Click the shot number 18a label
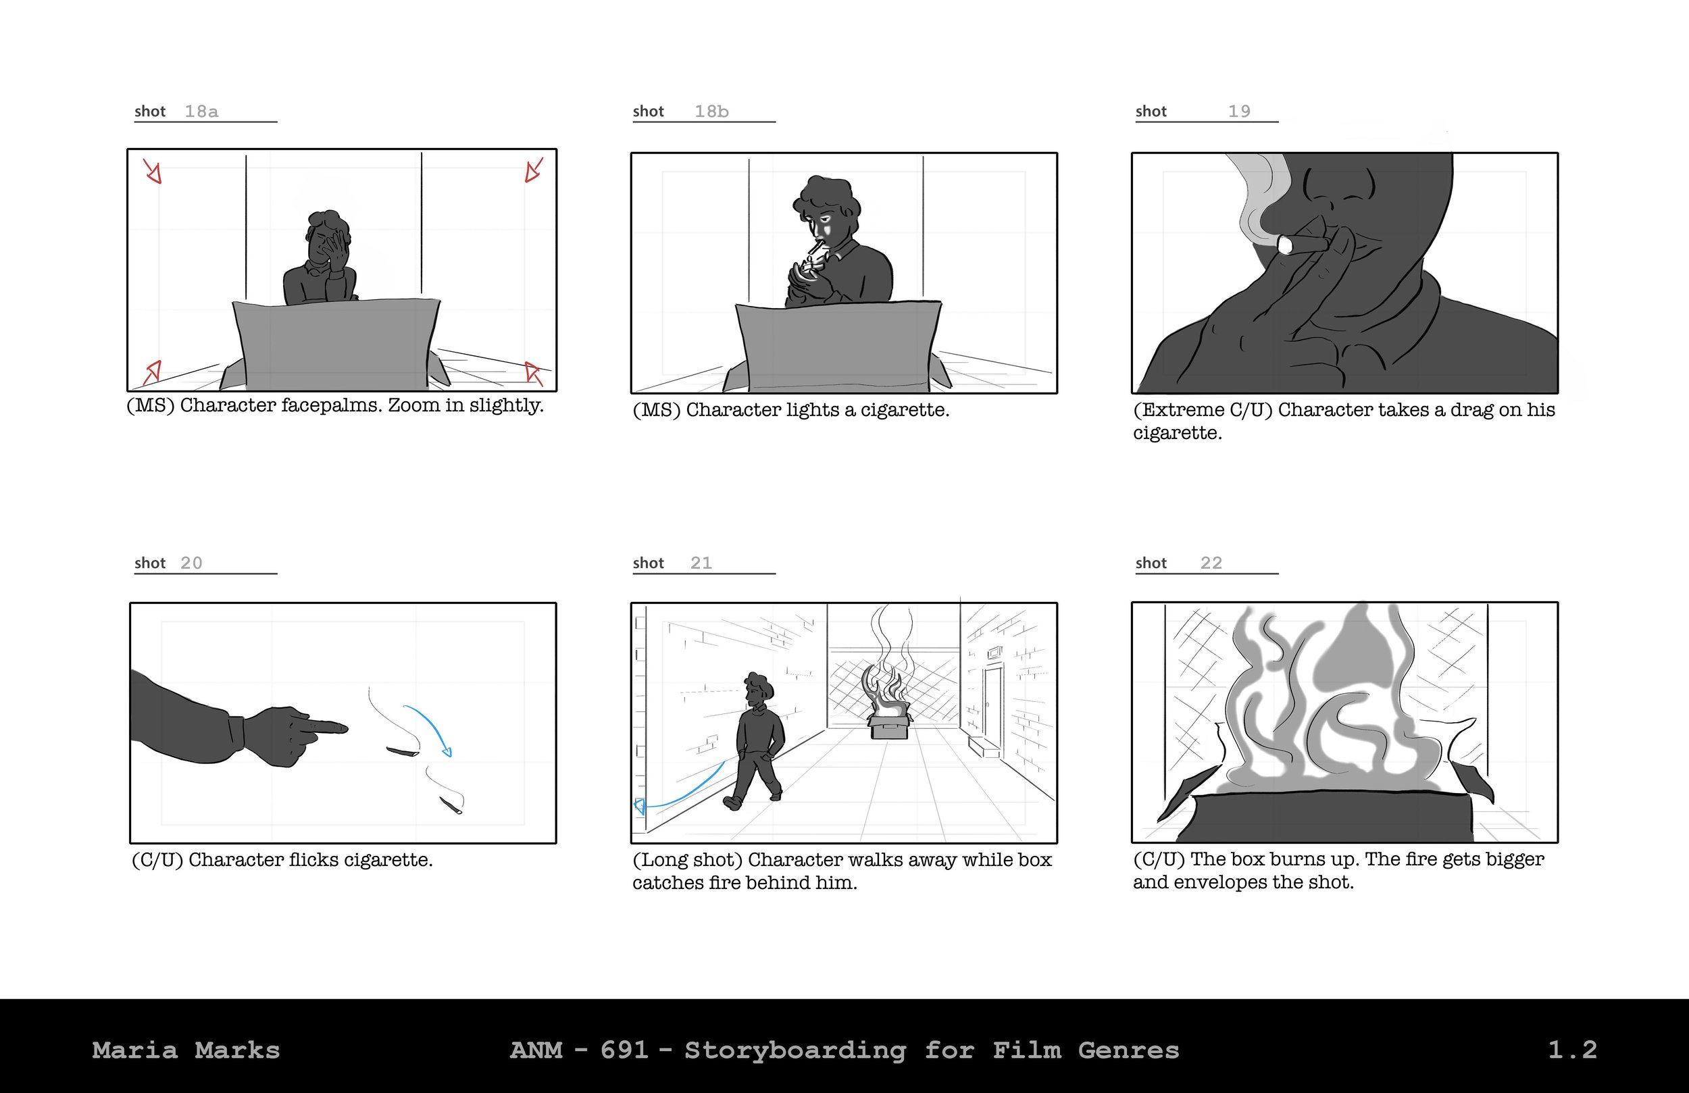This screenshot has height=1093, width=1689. tap(201, 111)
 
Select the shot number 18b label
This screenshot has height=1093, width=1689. tap(712, 111)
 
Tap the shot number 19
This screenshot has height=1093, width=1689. tap(1239, 111)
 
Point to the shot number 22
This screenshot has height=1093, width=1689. tap(1211, 563)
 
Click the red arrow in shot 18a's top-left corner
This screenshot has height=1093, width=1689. tap(153, 171)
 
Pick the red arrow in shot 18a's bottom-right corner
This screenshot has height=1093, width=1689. tap(533, 374)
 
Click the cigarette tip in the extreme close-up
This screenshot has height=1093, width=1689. tap(1284, 246)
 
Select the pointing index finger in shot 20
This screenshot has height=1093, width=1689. tap(323, 728)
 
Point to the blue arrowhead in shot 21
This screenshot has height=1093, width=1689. tap(639, 805)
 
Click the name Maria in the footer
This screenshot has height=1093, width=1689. tap(135, 1050)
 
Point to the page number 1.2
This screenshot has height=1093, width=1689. tap(1572, 1050)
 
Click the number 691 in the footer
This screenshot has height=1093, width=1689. tap(624, 1050)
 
